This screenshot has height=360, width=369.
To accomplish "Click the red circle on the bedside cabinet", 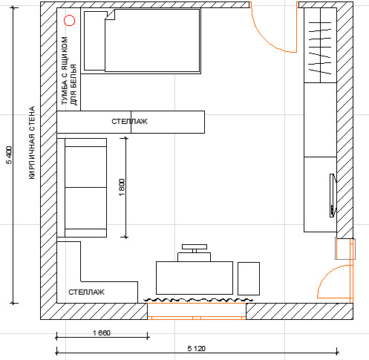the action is (69, 21).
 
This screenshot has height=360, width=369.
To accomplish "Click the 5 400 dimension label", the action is (9, 155).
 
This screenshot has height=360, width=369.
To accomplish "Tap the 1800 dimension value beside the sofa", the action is (122, 187).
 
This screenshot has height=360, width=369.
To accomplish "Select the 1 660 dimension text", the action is (102, 333).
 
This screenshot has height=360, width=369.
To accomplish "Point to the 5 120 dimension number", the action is (197, 349).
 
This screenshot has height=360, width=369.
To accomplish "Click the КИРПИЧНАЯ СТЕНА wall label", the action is (32, 143).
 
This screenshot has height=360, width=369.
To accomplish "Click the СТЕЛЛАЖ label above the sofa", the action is (129, 122).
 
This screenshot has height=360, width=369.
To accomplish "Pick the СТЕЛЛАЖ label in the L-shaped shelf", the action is (86, 292).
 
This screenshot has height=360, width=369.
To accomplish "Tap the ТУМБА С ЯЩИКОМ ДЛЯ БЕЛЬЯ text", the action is (69, 71).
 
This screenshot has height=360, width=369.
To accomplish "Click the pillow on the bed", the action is (94, 41).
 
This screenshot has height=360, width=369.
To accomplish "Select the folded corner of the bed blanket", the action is (111, 15).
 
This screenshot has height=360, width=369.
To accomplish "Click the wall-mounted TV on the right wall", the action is (333, 195).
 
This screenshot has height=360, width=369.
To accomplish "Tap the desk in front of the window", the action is (195, 278).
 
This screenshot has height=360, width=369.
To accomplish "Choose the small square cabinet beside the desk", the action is (249, 278).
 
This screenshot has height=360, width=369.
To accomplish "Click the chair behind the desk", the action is (195, 252).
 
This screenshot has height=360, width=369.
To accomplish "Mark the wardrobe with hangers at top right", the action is (320, 45).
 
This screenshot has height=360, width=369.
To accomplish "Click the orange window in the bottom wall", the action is (197, 311).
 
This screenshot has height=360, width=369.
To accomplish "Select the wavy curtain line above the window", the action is (198, 300).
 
